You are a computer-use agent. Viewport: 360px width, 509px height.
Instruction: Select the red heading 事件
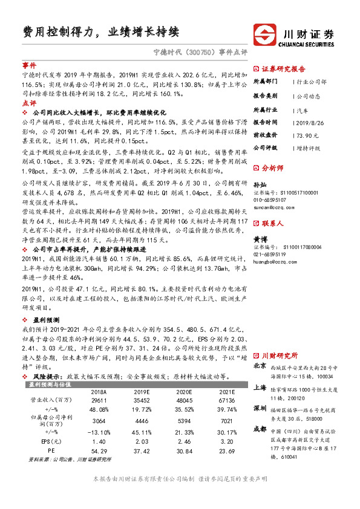tap(29, 64)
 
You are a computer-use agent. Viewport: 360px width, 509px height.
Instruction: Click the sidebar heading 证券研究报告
tap(283, 69)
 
